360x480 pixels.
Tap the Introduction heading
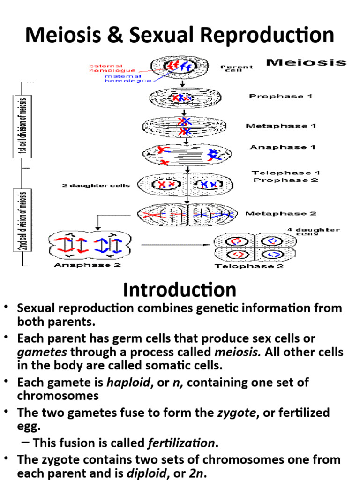[x=180, y=290]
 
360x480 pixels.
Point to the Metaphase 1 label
[x=280, y=126]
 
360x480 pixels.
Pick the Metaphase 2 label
[x=280, y=214]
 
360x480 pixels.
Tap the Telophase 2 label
[x=242, y=266]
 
